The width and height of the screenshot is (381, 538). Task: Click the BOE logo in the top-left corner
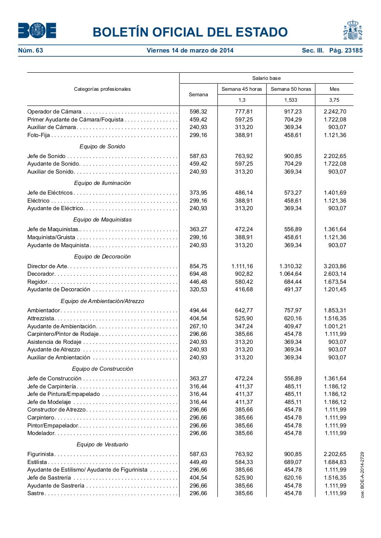coord(37,31)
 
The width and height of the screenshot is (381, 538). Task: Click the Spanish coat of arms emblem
coord(352,30)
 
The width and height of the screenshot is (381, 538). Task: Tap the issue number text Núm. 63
coord(31,50)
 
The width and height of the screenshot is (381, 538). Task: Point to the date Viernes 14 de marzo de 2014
coord(190,50)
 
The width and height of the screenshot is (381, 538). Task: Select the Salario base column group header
coord(266,78)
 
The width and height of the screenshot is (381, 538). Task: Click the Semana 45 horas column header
coord(241,89)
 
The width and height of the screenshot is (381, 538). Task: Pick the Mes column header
coord(334,89)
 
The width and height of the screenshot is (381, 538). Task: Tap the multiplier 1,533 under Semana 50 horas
coord(290,100)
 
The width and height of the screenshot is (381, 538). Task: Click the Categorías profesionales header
coord(102,89)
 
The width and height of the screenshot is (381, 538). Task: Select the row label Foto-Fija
coord(39,135)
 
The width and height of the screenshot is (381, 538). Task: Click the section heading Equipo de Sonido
coord(102,146)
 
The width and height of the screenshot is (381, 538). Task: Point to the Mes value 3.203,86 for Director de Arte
coord(335,266)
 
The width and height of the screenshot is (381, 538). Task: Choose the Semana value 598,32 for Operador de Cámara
coord(198,111)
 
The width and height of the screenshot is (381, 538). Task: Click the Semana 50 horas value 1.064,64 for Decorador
coord(290,274)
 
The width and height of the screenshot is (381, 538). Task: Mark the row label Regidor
coord(37,282)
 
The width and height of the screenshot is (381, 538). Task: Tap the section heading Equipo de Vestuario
coord(102,444)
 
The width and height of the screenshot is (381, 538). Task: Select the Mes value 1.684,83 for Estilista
coord(335,462)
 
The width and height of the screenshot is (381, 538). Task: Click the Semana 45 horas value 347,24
coord(244,326)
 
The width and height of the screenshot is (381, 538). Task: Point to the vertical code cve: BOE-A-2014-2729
coord(362,475)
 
